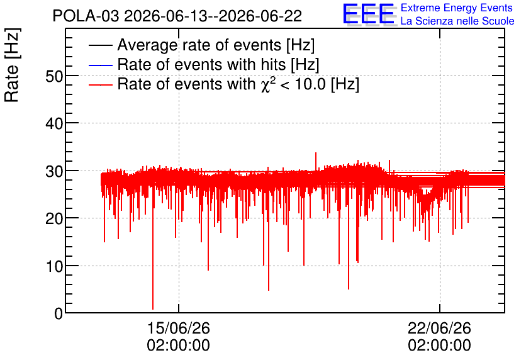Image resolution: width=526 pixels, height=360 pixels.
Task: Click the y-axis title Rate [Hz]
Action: coord(13,65)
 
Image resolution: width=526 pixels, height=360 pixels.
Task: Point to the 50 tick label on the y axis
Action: coord(54,77)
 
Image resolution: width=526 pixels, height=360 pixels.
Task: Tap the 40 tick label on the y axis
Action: coord(54,124)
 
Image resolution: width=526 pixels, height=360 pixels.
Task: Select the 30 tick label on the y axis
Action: coord(54,171)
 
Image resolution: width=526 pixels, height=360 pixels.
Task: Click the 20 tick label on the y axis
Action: coord(54,219)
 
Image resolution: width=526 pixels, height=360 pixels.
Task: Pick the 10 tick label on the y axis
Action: coord(54,267)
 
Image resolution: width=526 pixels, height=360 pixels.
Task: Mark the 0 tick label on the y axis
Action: coord(59,314)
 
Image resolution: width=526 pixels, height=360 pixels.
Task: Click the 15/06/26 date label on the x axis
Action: coord(179,328)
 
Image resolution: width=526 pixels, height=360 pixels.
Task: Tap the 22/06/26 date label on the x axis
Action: coord(439,328)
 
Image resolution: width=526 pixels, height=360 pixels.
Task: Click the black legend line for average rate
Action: coord(100,45)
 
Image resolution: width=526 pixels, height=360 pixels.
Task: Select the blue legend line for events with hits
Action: coord(100,65)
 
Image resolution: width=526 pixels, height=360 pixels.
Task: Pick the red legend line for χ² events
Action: coord(100,84)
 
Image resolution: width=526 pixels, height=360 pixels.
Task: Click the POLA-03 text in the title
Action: coord(86,16)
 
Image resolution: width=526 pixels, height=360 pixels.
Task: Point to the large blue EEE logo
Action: coord(369,14)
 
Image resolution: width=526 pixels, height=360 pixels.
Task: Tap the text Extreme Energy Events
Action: coord(457,8)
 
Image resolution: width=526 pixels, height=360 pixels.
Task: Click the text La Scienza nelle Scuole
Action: coord(457,21)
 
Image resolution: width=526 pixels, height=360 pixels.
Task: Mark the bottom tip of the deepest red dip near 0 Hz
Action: coord(153,309)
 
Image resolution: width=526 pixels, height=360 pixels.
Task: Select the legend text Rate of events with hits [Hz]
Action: coord(218,65)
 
